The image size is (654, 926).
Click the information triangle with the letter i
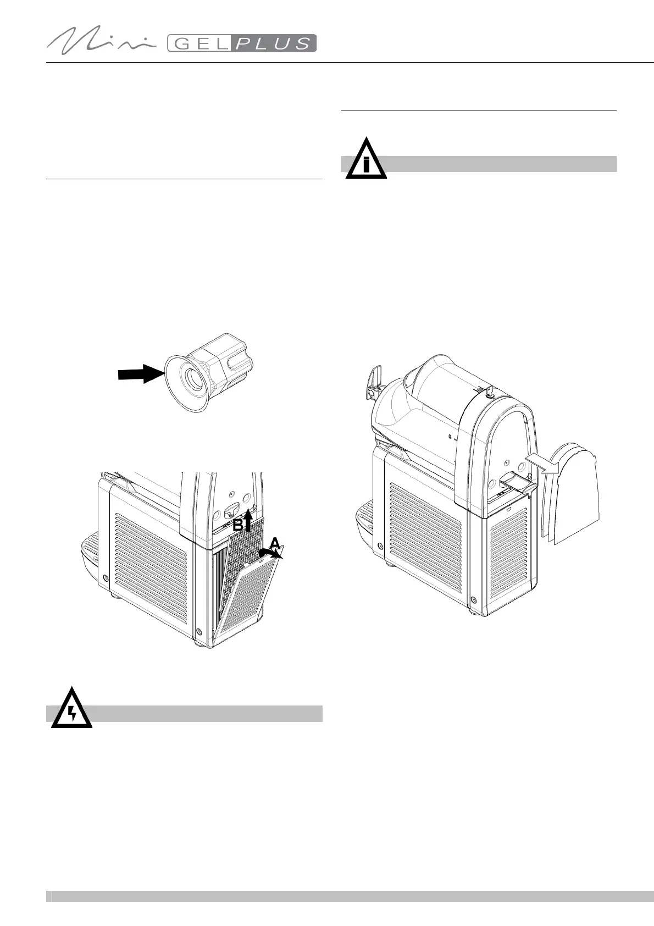pyautogui.click(x=366, y=160)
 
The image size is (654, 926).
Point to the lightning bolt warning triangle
pyautogui.click(x=71, y=709)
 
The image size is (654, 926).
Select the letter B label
pyautogui.click(x=237, y=525)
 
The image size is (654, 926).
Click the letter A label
pyautogui.click(x=275, y=544)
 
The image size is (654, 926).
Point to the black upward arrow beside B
pyautogui.click(x=248, y=520)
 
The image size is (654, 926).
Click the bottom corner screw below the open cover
pyautogui.click(x=198, y=631)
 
